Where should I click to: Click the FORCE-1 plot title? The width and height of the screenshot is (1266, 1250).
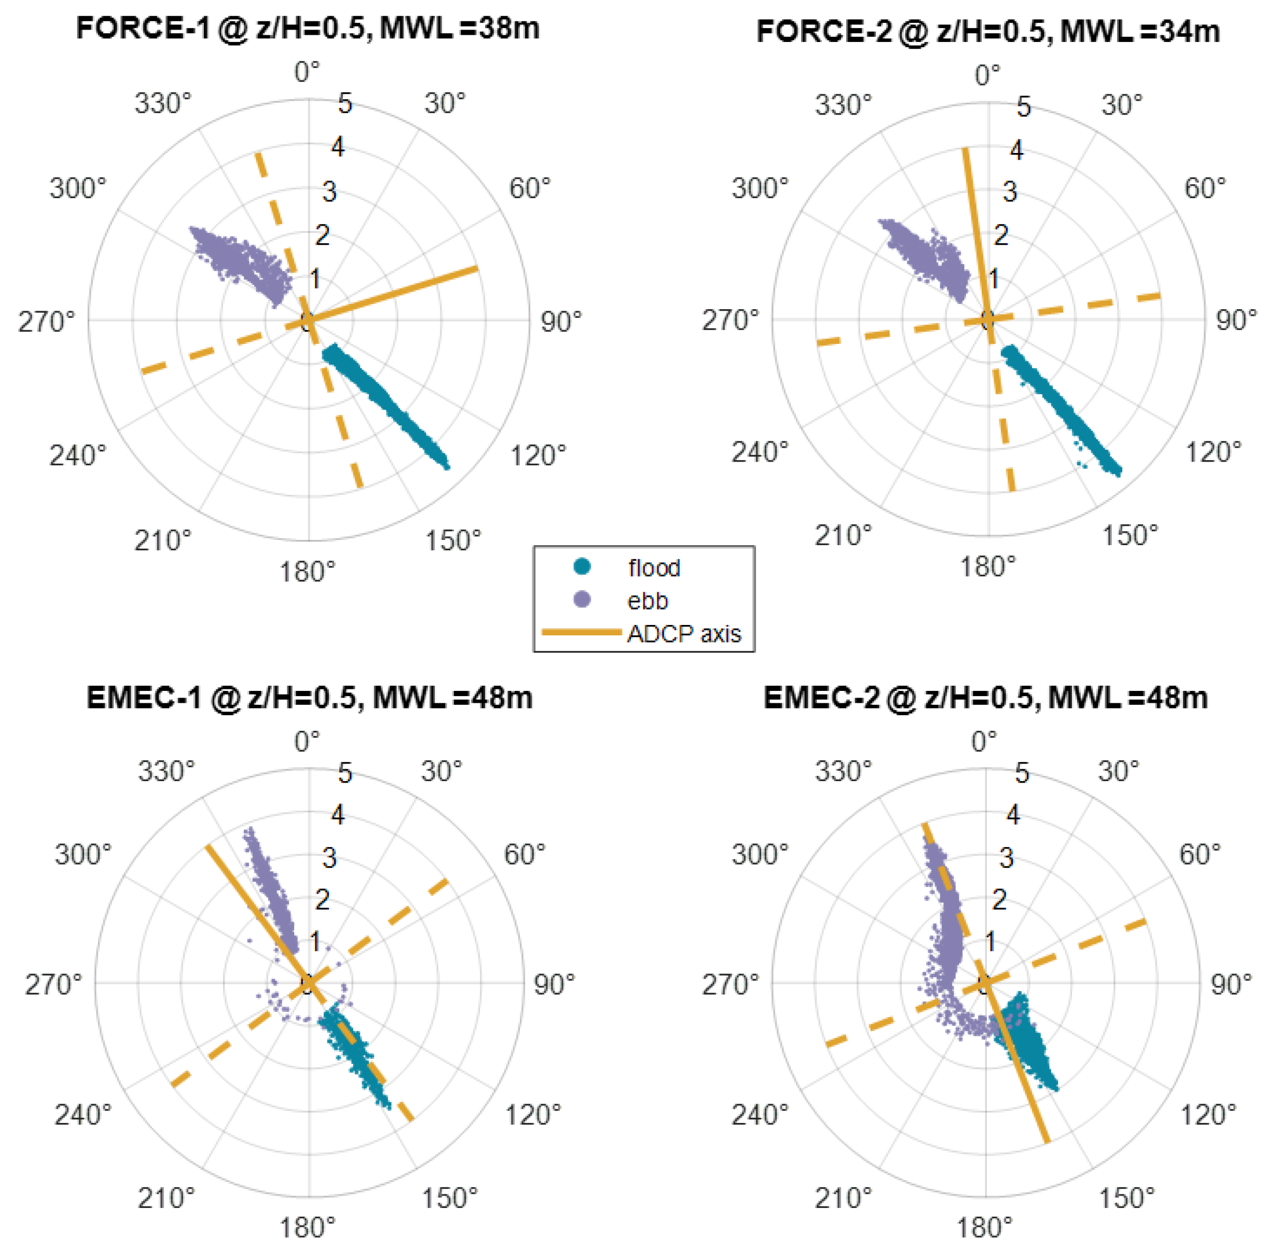[308, 30]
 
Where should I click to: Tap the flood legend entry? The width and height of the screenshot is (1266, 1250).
[653, 568]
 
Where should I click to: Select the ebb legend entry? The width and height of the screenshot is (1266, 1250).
[647, 601]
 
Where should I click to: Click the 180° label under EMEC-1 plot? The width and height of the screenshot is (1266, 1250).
[307, 1228]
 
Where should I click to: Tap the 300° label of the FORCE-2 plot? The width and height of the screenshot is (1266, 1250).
[760, 189]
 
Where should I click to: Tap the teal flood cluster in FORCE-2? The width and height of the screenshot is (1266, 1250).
[1062, 409]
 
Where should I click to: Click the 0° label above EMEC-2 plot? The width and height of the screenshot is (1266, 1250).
[984, 742]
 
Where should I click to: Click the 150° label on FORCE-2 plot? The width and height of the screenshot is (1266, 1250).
[1130, 535]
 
